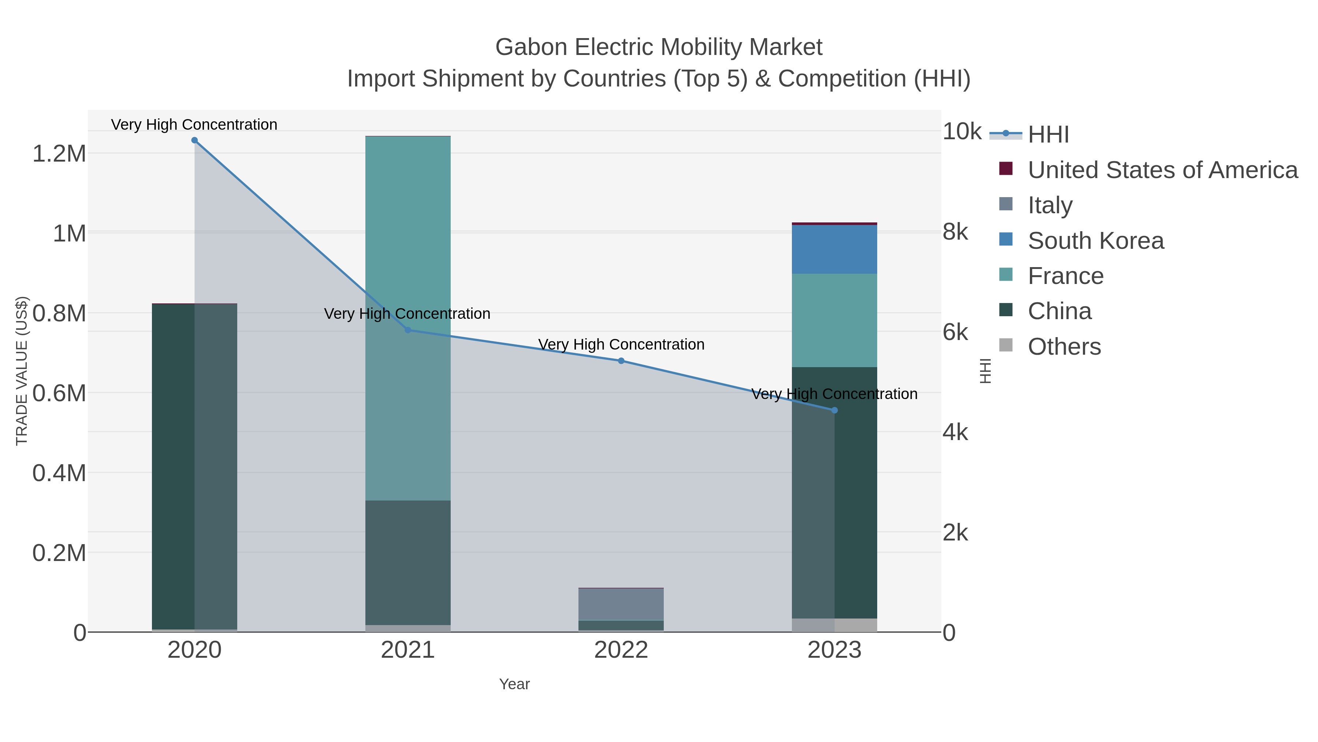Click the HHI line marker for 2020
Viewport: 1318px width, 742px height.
pyautogui.click(x=194, y=140)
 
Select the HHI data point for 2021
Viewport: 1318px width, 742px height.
pyautogui.click(x=408, y=330)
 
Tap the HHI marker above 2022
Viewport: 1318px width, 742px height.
pyautogui.click(x=621, y=361)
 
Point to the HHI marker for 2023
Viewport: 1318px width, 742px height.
pyautogui.click(x=834, y=410)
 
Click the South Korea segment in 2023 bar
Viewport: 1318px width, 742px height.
pyautogui.click(x=834, y=250)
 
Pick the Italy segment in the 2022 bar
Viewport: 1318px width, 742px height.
pyautogui.click(x=621, y=604)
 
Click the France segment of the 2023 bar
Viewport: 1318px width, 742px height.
pyautogui.click(x=834, y=320)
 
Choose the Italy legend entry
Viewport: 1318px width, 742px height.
pyautogui.click(x=1050, y=205)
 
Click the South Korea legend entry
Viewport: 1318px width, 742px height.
pyautogui.click(x=1095, y=241)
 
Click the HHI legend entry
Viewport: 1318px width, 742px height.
pyautogui.click(x=1048, y=135)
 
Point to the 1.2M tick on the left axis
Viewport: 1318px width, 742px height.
pyautogui.click(x=59, y=154)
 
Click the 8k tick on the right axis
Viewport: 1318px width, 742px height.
pyautogui.click(x=955, y=232)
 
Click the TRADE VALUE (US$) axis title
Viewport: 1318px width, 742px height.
pyautogui.click(x=22, y=371)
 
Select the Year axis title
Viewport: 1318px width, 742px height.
pyautogui.click(x=514, y=684)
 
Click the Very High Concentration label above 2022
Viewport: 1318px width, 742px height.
pyautogui.click(x=621, y=345)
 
